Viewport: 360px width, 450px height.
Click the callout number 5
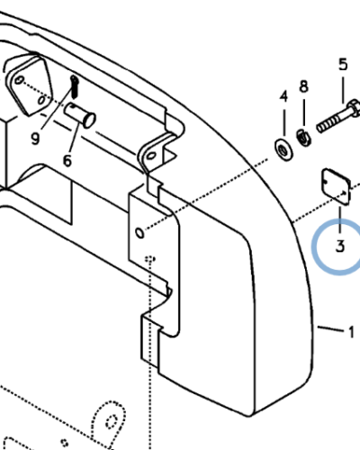click(x=343, y=65)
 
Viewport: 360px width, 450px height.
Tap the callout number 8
click(x=303, y=86)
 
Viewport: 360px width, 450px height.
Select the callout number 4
click(x=283, y=96)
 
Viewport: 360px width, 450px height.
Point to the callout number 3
click(x=340, y=247)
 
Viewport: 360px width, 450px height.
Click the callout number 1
click(x=351, y=332)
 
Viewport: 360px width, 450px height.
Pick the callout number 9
click(x=35, y=139)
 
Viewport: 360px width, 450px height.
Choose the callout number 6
click(x=67, y=160)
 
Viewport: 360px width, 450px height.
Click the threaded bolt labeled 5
click(x=338, y=116)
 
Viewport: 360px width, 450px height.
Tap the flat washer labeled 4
click(x=283, y=149)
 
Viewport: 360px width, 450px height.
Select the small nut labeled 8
click(x=304, y=138)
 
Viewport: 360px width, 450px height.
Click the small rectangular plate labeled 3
click(x=336, y=187)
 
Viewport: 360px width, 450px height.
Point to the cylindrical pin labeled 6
click(x=80, y=115)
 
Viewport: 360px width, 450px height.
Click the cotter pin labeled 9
click(x=74, y=87)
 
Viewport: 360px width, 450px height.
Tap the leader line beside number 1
click(x=330, y=328)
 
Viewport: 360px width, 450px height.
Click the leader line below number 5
click(x=343, y=89)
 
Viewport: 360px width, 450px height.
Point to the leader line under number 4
click(x=283, y=123)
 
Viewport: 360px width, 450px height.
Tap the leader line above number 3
click(x=340, y=220)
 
